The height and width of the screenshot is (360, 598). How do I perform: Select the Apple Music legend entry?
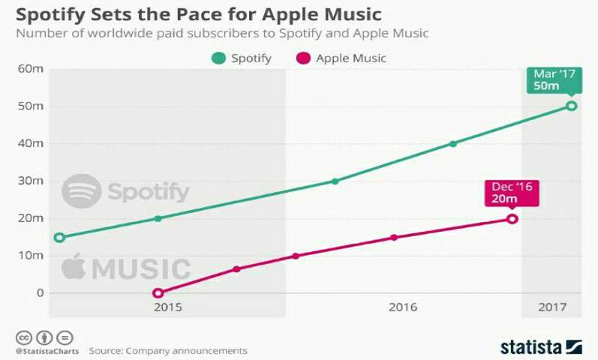point(341,58)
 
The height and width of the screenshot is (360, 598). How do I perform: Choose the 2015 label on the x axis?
point(167,307)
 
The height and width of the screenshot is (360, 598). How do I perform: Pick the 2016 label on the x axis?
point(403,307)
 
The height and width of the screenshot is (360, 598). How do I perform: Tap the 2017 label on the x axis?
point(551,307)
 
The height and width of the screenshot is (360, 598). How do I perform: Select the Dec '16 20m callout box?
point(511,192)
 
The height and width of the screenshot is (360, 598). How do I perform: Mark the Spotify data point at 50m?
point(571,106)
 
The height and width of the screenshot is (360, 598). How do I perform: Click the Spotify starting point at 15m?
point(60,238)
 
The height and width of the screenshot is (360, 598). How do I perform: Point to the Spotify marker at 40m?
point(453,143)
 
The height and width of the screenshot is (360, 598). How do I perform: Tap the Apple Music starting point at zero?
point(158,293)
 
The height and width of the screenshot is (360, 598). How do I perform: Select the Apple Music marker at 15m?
point(394,238)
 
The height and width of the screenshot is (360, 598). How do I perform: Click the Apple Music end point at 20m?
point(512,219)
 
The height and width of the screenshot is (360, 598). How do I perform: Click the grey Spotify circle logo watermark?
point(81,191)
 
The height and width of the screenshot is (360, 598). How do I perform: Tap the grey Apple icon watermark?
point(74,266)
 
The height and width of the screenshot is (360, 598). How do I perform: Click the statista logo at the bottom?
point(540,346)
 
